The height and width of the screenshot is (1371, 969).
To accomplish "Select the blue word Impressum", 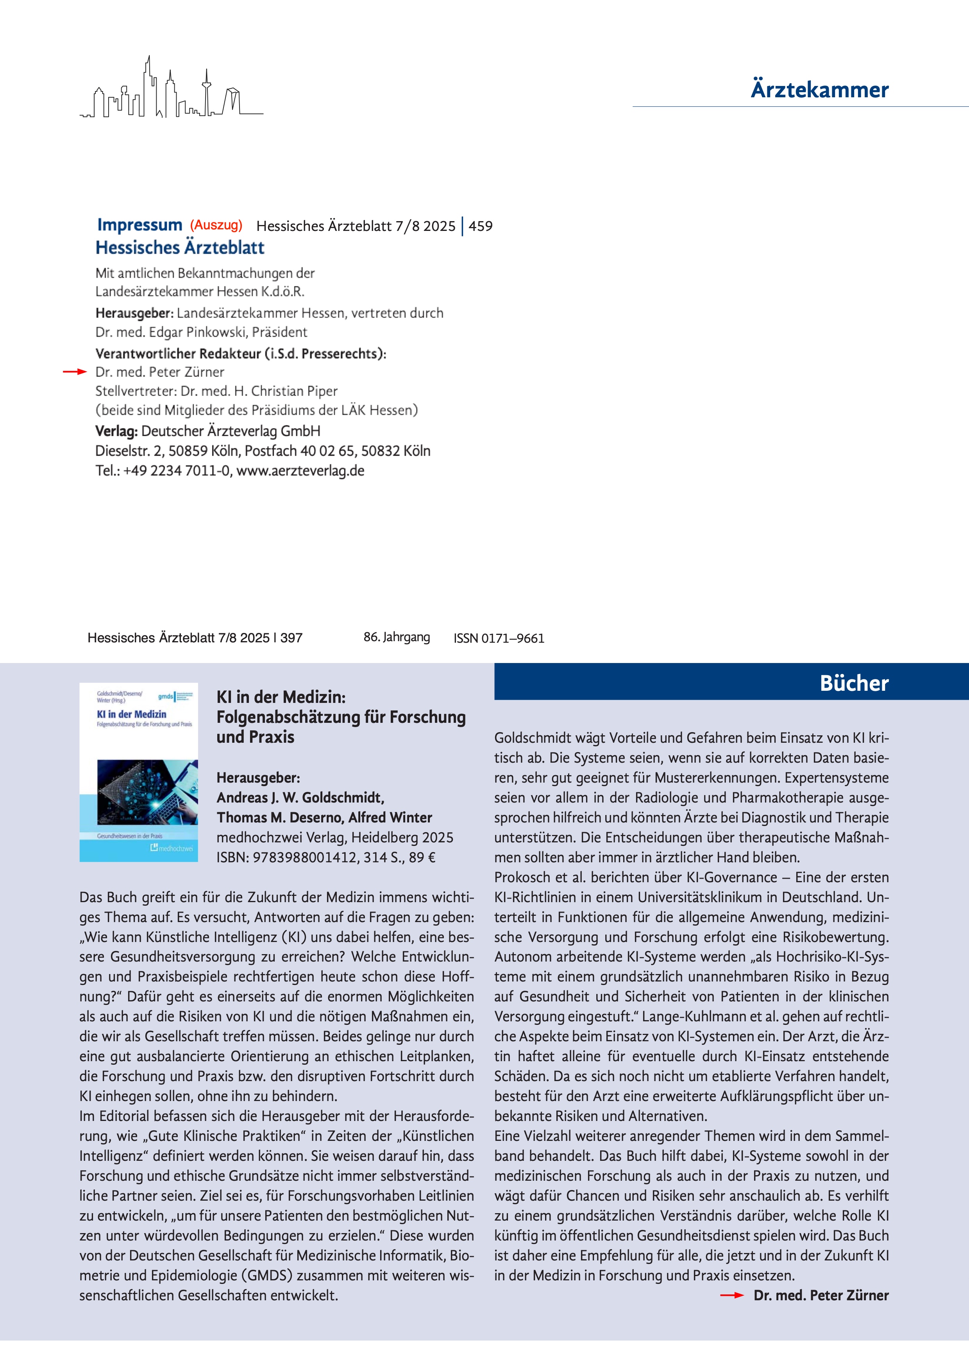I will coord(140,225).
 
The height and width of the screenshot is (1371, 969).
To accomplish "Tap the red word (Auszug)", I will coord(216,225).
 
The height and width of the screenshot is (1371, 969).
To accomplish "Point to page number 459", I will coord(481,226).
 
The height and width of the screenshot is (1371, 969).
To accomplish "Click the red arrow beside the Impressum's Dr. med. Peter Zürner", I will coord(75,372).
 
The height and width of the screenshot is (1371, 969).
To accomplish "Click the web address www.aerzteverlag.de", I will coord(300,470).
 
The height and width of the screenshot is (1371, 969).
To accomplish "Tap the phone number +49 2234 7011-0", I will coord(177,470).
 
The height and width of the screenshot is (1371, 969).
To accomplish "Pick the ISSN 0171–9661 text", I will coord(499,638).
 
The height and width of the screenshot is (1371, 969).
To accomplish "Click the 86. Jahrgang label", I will coord(397,637).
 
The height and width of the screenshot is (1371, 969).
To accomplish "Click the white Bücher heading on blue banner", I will coord(854,683).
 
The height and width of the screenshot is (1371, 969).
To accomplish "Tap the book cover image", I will coord(139,772).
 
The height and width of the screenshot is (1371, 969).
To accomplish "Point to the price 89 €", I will coord(422,858).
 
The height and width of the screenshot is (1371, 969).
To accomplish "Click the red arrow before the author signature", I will coord(731,1295).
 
